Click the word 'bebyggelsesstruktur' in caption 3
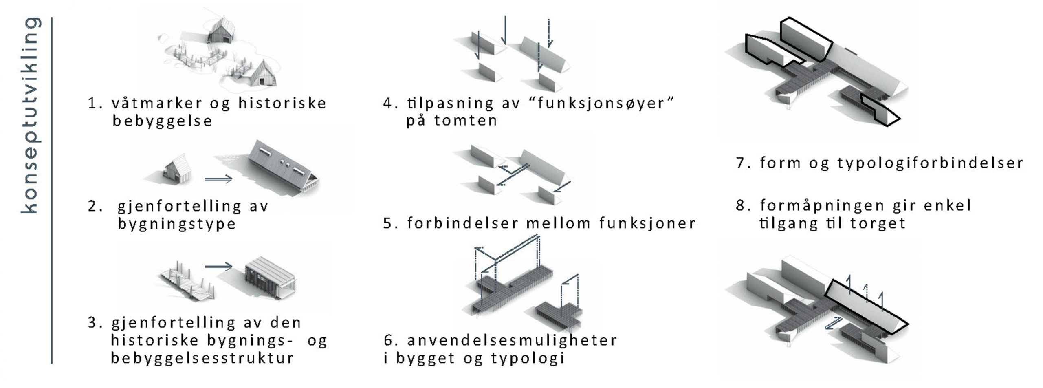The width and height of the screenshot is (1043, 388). point(202,358)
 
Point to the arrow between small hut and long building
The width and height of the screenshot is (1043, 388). point(218,179)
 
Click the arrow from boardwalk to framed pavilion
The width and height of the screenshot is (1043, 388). point(218,267)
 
